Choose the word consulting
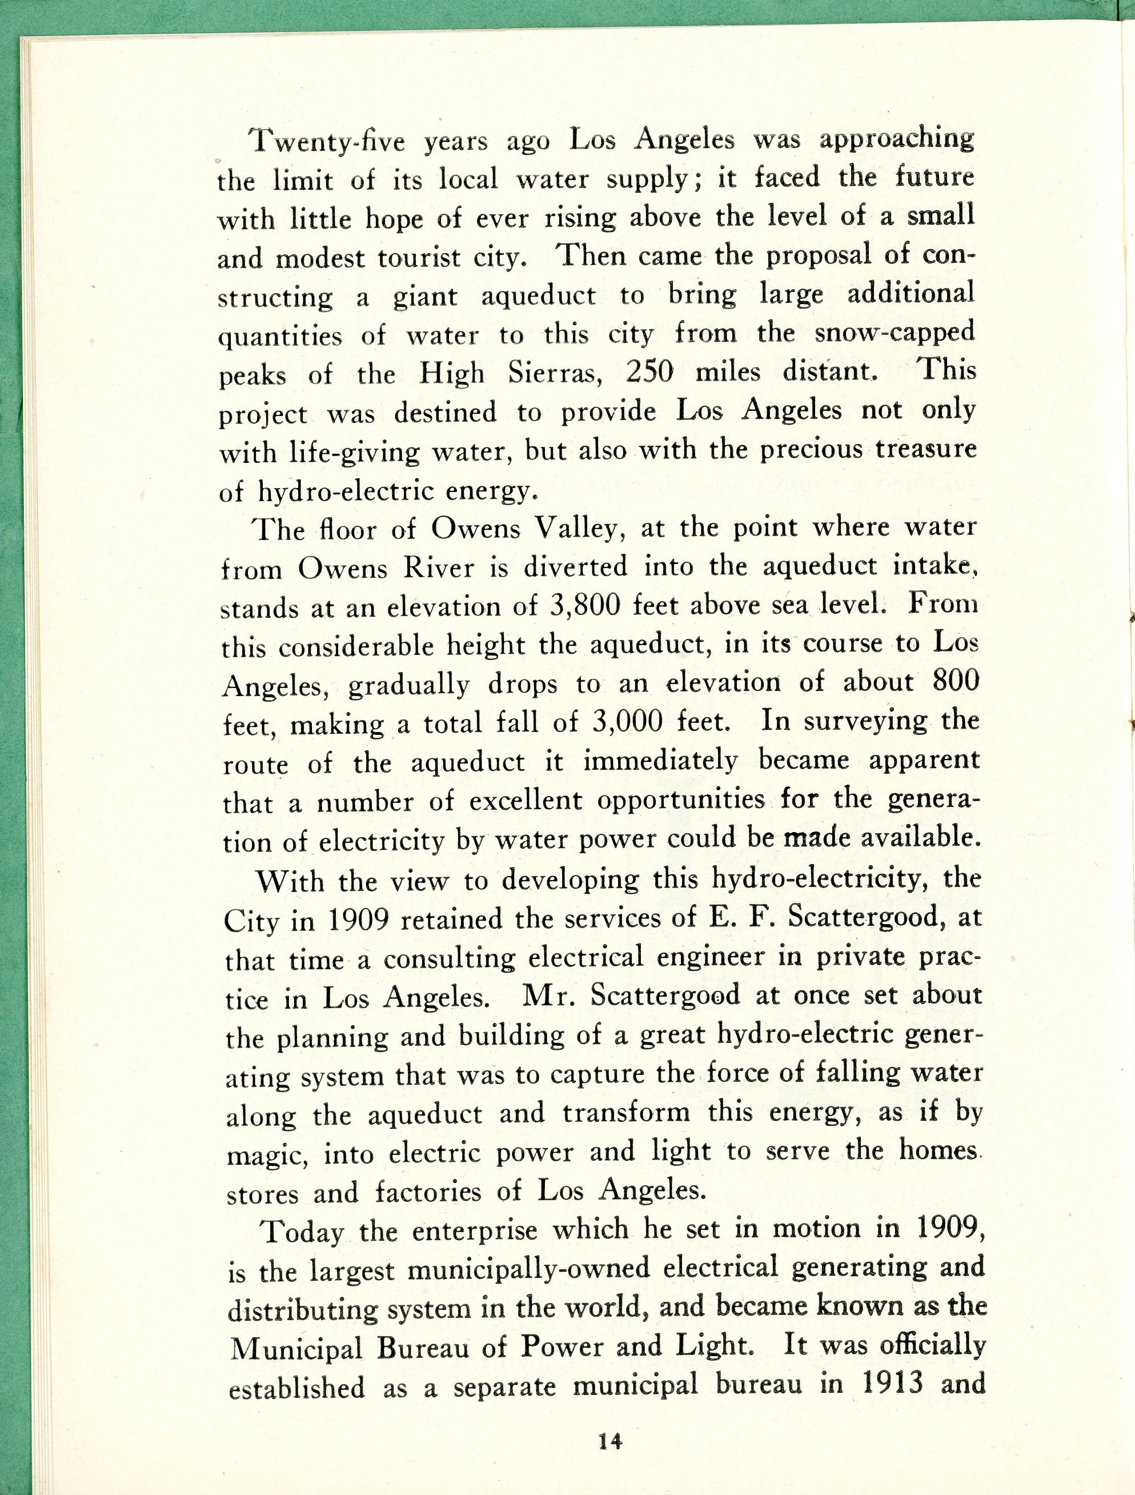point(459,958)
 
